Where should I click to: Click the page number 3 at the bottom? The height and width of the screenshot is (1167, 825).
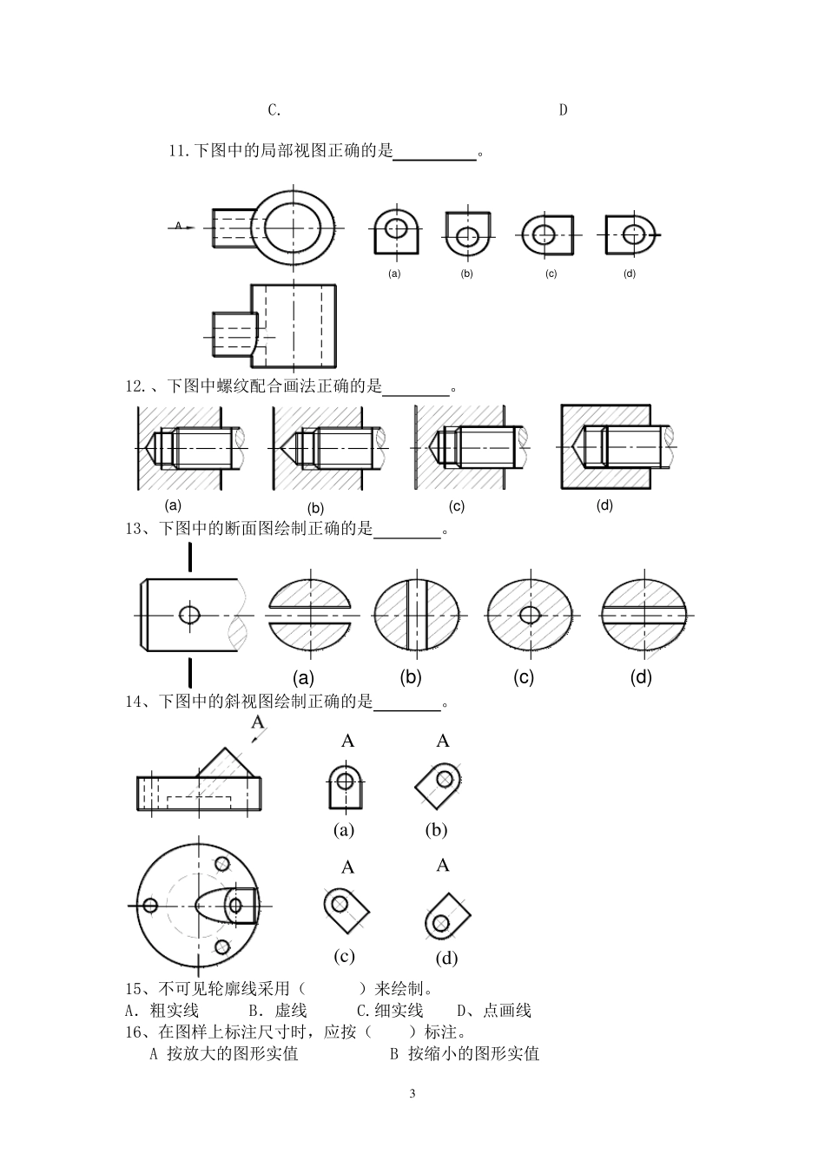click(x=412, y=1093)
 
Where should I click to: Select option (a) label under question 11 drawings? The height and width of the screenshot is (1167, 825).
click(x=394, y=274)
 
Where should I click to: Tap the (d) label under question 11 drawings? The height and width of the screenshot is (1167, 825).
click(x=630, y=274)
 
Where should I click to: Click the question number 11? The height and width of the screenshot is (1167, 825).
click(x=178, y=151)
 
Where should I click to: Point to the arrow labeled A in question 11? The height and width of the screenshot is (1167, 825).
click(x=181, y=227)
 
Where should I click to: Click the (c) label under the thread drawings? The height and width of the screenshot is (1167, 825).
click(x=457, y=506)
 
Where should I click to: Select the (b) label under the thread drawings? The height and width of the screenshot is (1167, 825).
click(x=315, y=508)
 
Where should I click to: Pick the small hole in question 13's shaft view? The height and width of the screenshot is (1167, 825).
click(x=189, y=615)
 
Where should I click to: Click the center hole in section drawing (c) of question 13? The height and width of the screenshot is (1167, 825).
click(x=531, y=615)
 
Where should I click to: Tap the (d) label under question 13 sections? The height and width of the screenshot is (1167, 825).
click(x=641, y=677)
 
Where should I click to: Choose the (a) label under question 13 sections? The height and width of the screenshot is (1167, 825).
click(x=304, y=678)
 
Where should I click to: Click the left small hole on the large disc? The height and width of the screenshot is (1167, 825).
click(x=150, y=906)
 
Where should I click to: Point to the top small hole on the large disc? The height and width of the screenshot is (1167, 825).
click(x=222, y=864)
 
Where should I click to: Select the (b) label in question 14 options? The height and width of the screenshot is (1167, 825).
click(x=436, y=830)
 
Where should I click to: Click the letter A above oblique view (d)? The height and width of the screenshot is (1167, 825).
click(x=443, y=865)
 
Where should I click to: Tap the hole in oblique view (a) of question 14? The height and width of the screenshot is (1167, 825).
click(x=345, y=781)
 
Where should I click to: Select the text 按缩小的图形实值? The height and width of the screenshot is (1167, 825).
click(x=473, y=1053)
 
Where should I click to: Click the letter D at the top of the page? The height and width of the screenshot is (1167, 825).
click(x=563, y=110)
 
